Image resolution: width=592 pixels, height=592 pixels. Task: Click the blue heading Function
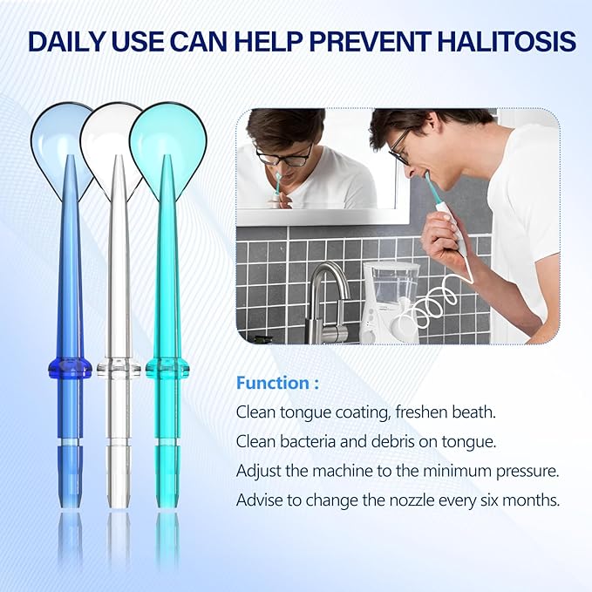[x=272, y=383]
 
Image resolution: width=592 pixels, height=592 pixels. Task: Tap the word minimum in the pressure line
[x=452, y=472]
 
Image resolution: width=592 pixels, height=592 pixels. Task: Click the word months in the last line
[x=527, y=501]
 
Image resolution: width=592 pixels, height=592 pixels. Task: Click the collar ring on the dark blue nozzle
[x=70, y=367]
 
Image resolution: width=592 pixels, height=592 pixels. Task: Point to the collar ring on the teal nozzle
[x=167, y=367]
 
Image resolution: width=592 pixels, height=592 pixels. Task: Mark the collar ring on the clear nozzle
[x=119, y=367]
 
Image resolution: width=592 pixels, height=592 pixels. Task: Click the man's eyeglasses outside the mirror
[x=400, y=147]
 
